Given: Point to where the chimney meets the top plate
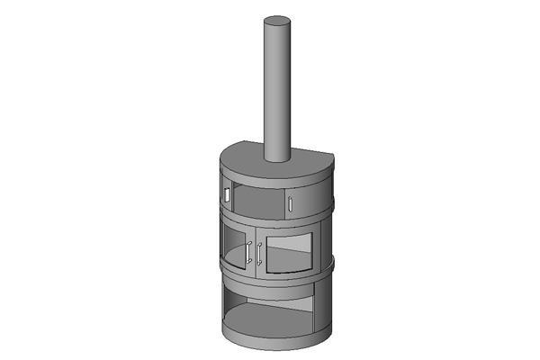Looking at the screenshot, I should pos(278,158).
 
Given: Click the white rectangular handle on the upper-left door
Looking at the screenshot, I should pos(228,193).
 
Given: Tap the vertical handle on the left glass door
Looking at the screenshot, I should pos(248,254).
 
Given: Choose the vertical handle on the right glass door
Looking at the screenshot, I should pos(259,255).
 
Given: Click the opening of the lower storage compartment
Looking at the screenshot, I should pos(270,306).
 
